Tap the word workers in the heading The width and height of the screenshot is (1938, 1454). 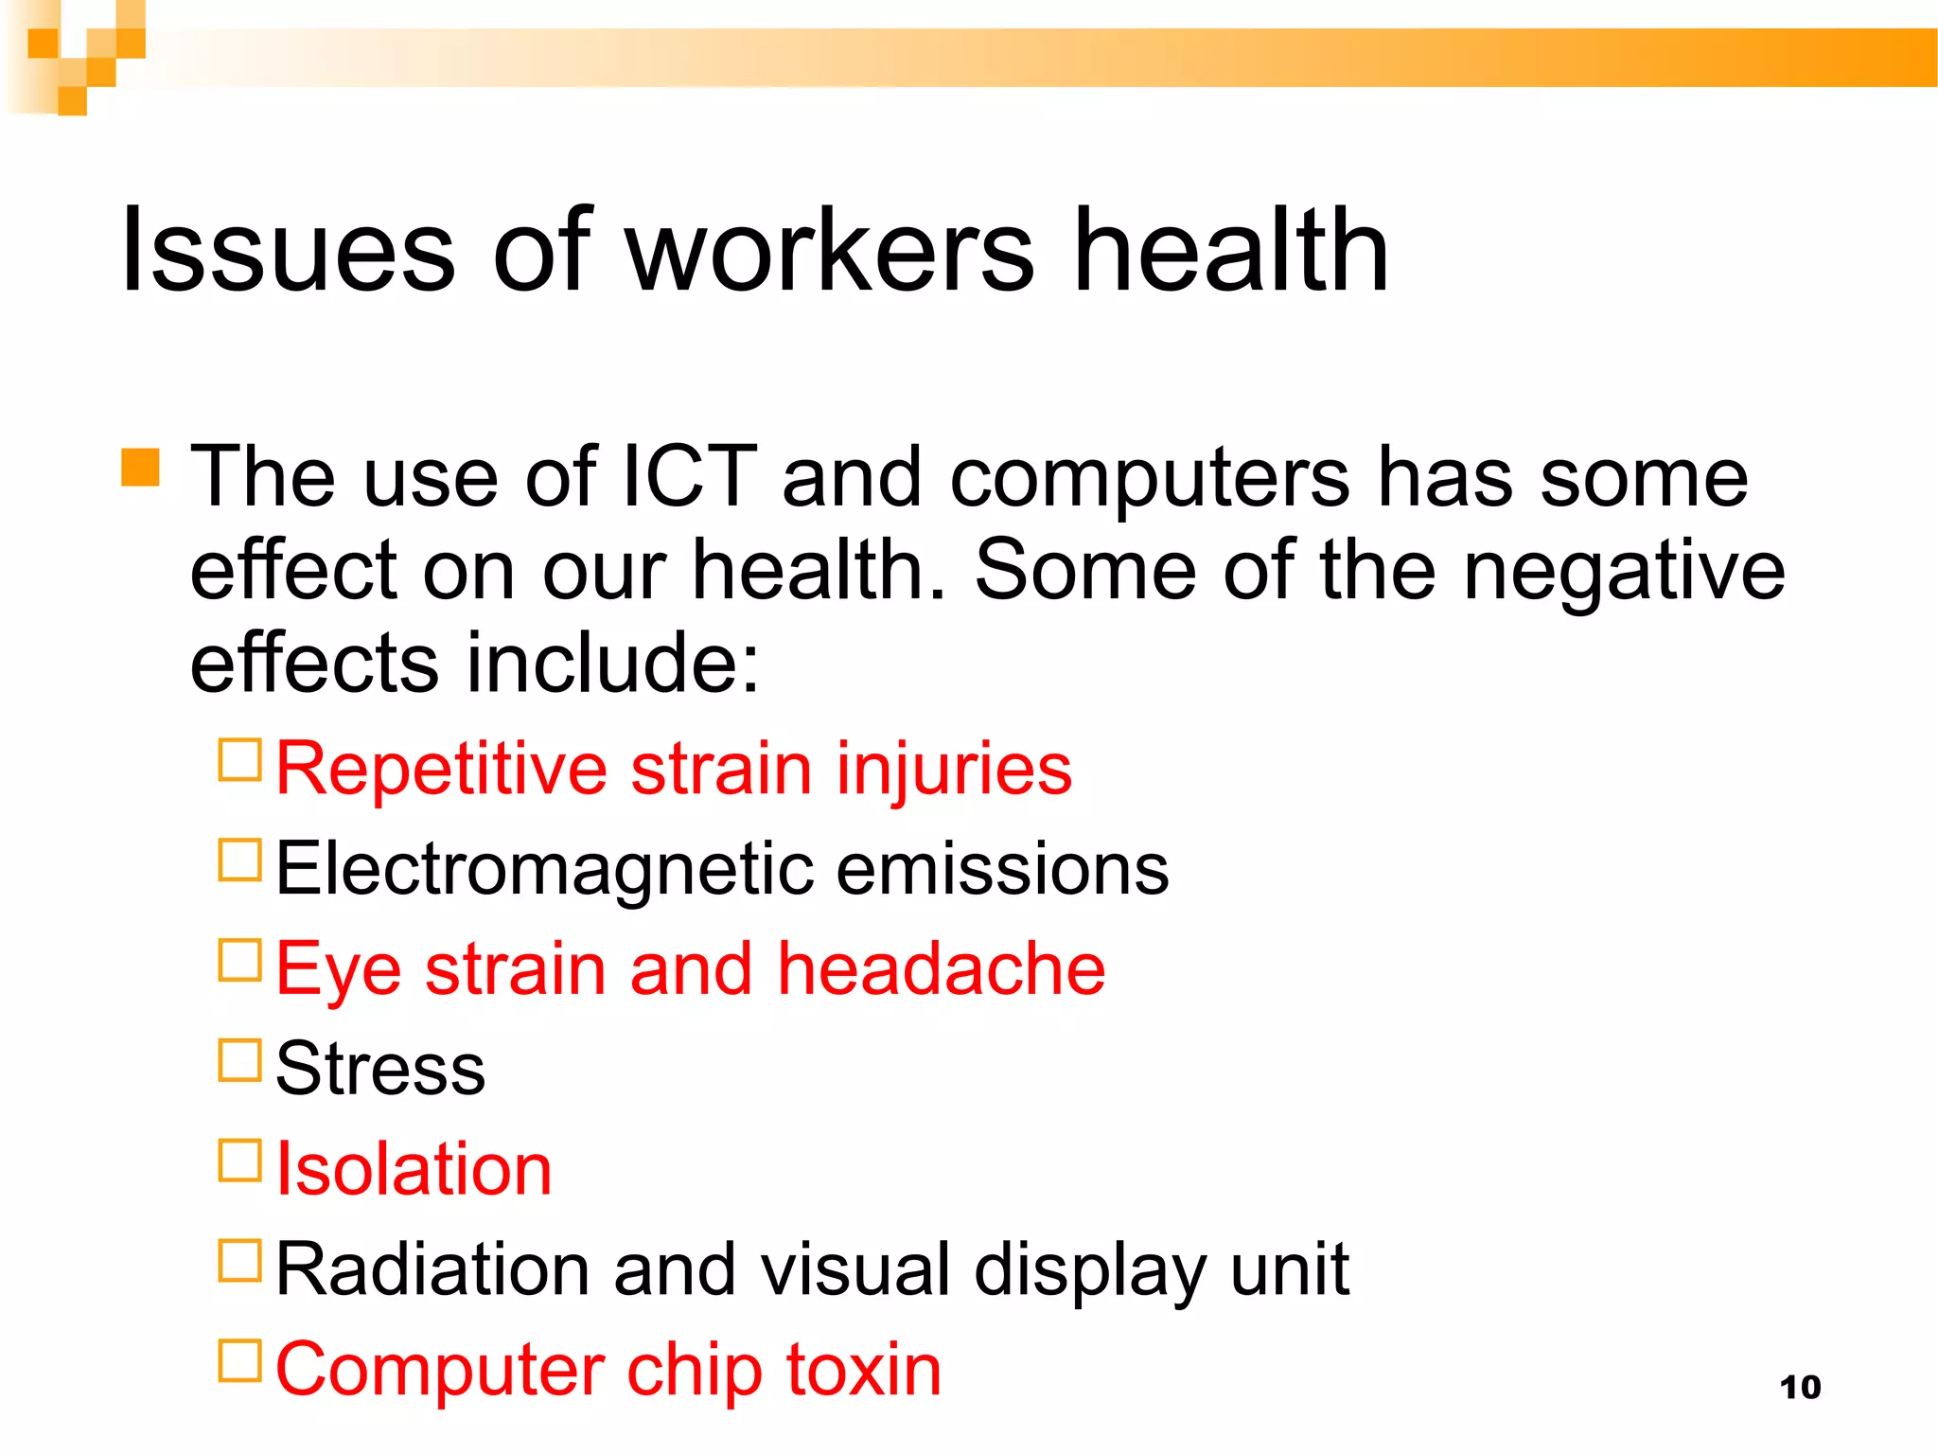(830, 251)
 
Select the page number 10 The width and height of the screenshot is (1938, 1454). (1800, 1387)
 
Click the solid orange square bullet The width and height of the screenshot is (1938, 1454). (140, 468)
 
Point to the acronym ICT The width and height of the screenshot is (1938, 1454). (689, 476)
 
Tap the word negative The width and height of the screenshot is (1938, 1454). (1624, 570)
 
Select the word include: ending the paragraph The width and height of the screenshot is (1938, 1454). (613, 663)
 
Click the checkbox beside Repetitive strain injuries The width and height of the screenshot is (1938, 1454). (239, 759)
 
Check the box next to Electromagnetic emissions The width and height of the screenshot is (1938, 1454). (239, 860)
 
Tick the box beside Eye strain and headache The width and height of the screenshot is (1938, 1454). (239, 960)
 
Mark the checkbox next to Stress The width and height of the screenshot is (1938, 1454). (239, 1060)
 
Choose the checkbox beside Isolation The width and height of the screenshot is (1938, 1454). (239, 1161)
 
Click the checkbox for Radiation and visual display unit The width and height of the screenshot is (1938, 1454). (239, 1261)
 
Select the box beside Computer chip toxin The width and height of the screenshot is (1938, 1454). (239, 1361)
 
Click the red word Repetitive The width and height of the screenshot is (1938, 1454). (441, 769)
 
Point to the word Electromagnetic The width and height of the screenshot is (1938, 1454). (544, 869)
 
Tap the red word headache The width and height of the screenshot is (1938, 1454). (941, 969)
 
